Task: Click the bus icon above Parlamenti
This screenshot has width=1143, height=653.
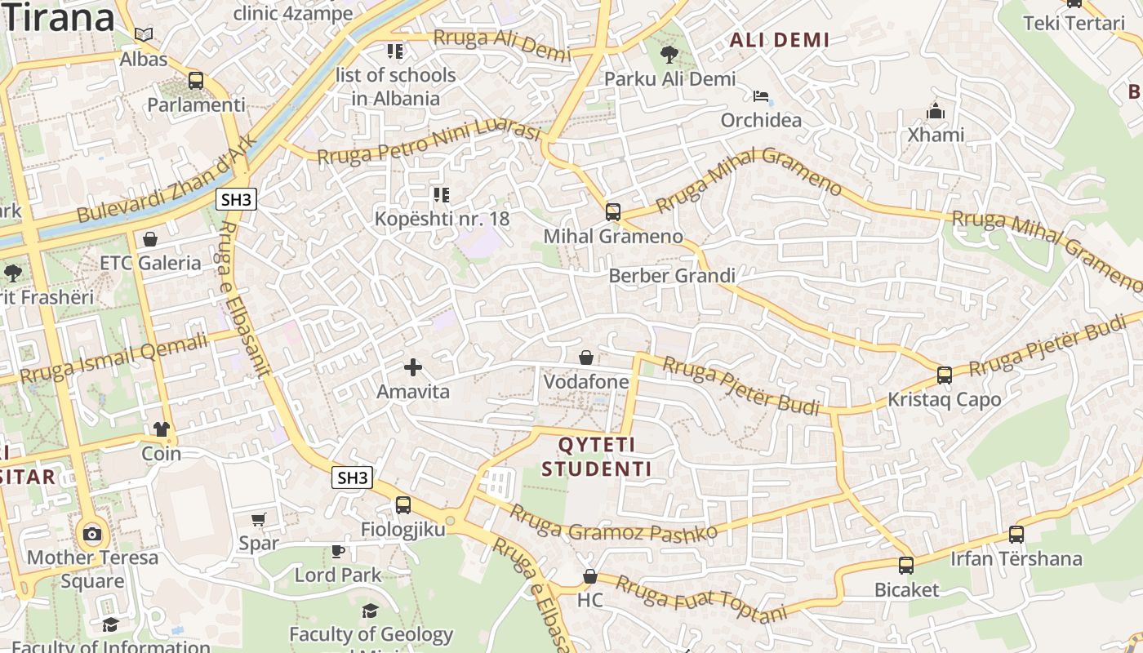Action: [x=196, y=81]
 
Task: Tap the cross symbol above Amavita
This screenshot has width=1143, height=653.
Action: [x=413, y=367]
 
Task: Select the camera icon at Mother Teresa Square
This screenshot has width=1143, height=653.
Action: [x=92, y=535]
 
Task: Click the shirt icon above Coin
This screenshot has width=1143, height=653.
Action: [x=161, y=429]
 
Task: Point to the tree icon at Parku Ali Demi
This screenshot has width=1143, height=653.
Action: [x=669, y=55]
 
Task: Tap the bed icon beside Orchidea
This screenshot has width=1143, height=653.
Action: [x=761, y=96]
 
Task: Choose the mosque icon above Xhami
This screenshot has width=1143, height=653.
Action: [x=936, y=110]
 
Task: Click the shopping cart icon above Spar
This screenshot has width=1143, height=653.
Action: [x=259, y=519]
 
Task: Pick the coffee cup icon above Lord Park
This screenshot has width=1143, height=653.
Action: [x=338, y=551]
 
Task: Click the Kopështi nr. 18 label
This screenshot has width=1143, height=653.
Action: [x=442, y=219]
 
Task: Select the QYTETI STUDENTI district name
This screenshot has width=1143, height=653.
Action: [x=597, y=457]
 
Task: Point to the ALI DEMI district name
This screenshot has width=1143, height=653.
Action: [x=779, y=40]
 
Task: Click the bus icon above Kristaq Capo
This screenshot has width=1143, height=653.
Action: [x=945, y=375]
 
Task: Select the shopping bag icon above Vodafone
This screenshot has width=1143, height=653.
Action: [x=586, y=358]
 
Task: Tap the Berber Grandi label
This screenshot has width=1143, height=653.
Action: [x=672, y=276]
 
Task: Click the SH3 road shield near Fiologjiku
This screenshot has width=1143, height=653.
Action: [x=352, y=478]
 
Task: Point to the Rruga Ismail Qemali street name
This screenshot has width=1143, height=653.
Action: [x=114, y=358]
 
